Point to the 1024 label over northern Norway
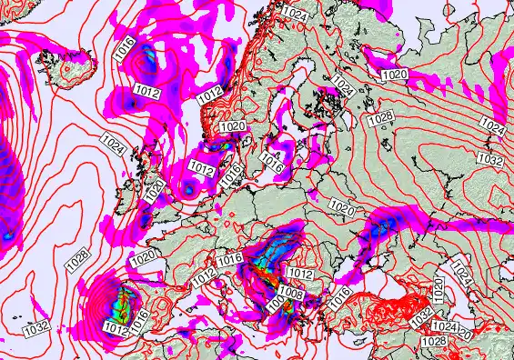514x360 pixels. click(295, 12)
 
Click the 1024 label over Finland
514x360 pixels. click(342, 85)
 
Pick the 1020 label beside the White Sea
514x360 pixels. click(395, 74)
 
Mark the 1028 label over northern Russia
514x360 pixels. click(381, 118)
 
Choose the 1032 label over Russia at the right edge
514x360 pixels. click(490, 160)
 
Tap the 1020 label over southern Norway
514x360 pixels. click(233, 126)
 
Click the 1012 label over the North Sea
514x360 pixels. click(201, 168)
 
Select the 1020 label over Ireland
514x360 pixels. click(156, 188)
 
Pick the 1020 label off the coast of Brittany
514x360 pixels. click(143, 258)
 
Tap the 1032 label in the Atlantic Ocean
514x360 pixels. click(35, 325)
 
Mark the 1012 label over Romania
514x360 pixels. click(299, 273)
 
